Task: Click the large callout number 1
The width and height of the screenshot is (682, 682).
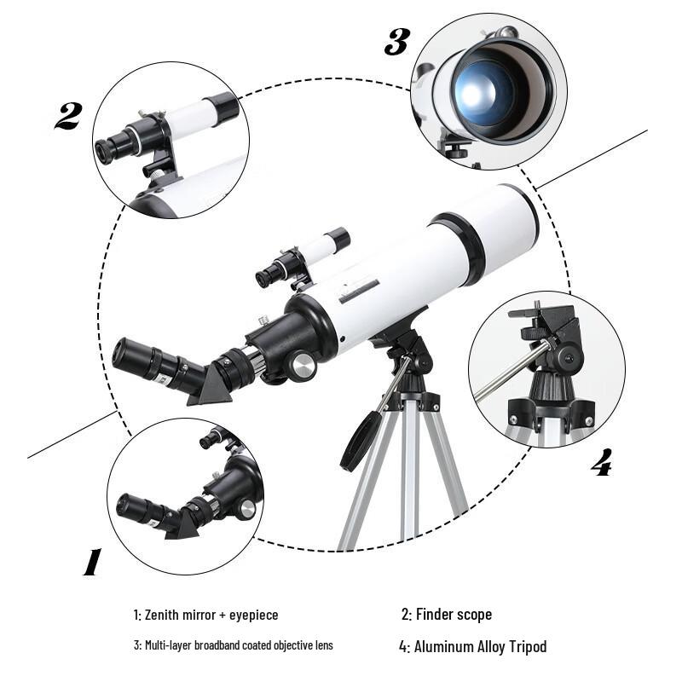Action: tap(91, 562)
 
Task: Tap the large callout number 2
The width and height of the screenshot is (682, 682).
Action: tap(68, 116)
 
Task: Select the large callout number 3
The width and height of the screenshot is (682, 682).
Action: tap(396, 41)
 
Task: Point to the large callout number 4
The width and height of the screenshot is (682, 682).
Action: tap(601, 463)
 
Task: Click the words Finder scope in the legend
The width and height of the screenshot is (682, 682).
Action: tap(454, 614)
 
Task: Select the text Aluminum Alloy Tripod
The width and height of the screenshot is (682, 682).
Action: tap(480, 646)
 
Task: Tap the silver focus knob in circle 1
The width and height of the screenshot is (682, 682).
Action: tap(246, 510)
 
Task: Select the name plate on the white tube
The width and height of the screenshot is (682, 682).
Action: tap(359, 294)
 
